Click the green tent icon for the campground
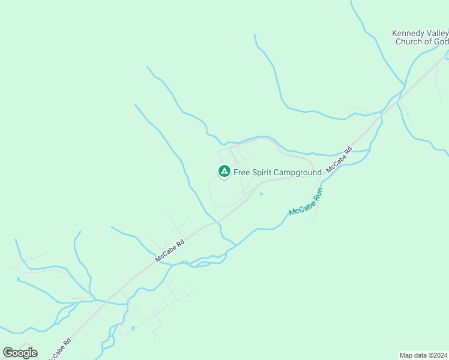point(224,172)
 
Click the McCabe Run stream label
point(306,203)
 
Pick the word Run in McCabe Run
point(318,194)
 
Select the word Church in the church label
point(409,41)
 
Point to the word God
point(440,41)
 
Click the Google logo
point(20,353)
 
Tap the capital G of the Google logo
point(8,353)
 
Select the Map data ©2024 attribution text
point(423,355)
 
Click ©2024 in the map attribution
point(436,355)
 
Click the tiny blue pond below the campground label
point(261,193)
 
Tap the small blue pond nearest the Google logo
point(133,328)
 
